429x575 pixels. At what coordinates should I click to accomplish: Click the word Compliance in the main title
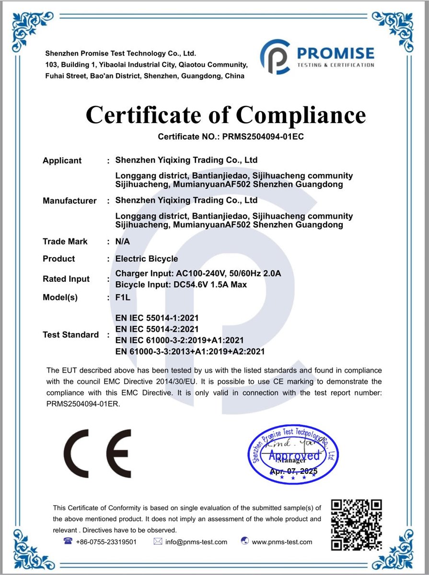(301, 115)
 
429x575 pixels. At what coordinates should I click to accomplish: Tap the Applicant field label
(62, 161)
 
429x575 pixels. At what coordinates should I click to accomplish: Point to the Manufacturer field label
(70, 201)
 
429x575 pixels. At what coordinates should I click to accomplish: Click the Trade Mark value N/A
(123, 241)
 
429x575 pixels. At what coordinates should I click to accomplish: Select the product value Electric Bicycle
(147, 259)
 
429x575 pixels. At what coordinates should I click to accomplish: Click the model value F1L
(123, 297)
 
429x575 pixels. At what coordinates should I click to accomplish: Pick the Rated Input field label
(66, 279)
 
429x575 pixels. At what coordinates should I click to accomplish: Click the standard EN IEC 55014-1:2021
(157, 318)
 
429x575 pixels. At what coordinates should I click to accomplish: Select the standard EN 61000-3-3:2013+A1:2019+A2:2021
(190, 352)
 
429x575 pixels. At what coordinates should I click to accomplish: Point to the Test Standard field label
(71, 334)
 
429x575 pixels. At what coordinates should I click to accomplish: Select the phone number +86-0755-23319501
(106, 542)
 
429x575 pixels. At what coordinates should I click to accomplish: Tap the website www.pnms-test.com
(282, 542)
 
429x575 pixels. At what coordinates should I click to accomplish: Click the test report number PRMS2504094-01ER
(83, 403)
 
